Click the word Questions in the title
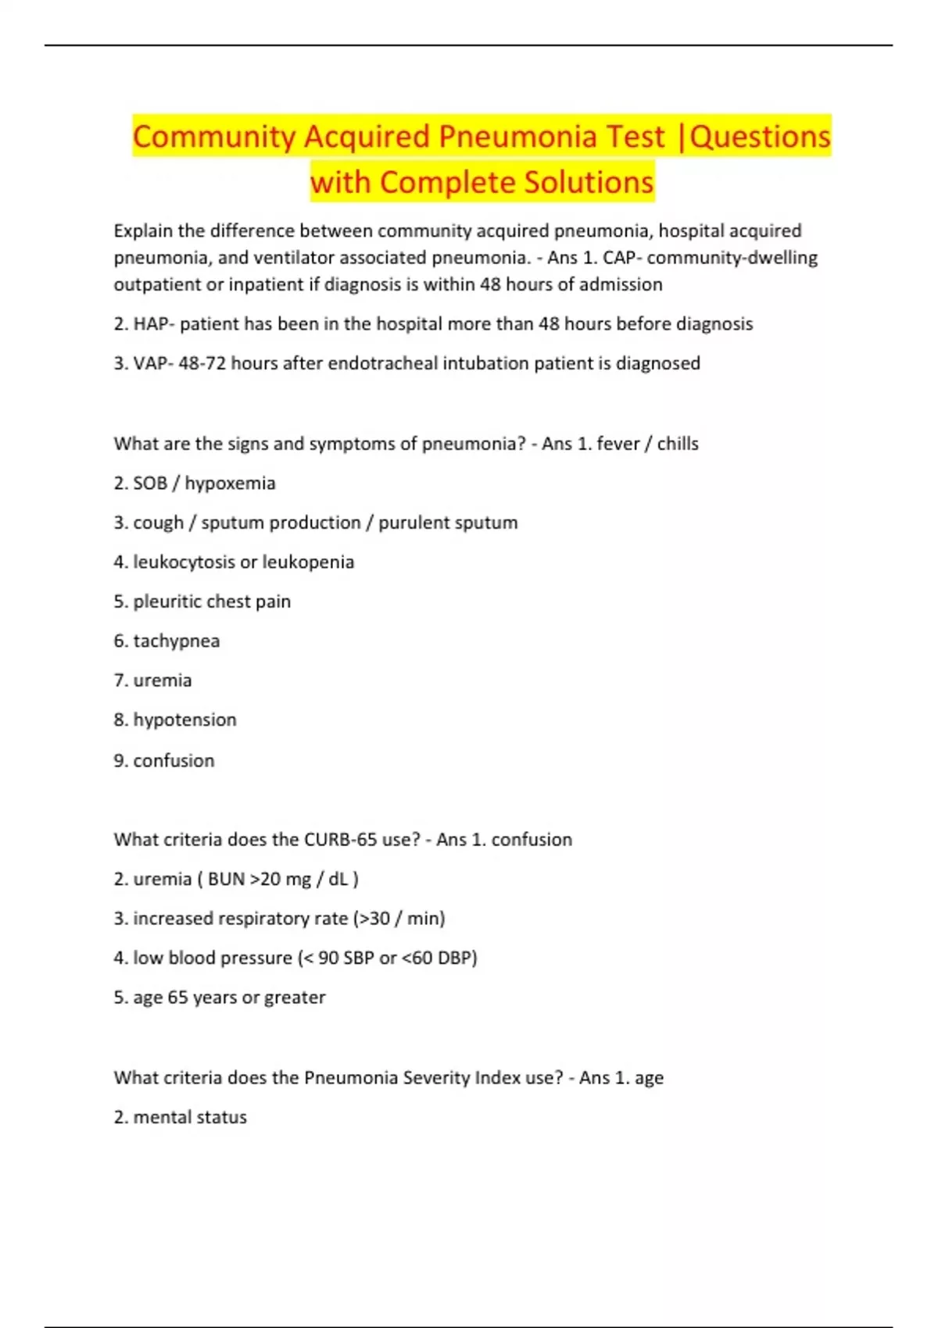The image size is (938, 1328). coord(761,137)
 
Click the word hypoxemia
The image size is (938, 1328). coord(230,484)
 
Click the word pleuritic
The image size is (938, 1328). coord(166,602)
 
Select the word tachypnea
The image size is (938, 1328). coord(177,641)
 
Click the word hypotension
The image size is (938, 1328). coord(184,719)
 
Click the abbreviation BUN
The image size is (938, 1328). coord(226,880)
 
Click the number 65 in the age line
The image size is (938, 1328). coord(177,998)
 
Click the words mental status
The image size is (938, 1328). coord(190,1118)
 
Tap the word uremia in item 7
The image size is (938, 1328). coord(163,680)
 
